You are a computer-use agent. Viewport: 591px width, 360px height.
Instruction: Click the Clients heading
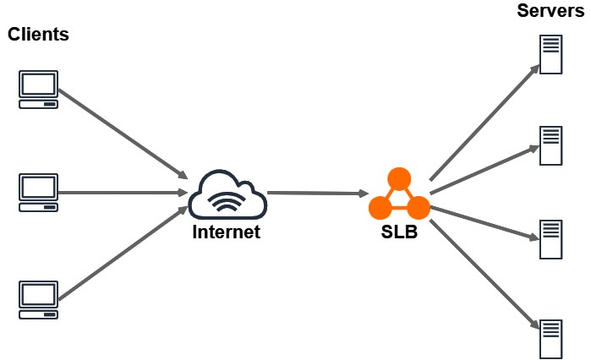coord(38,35)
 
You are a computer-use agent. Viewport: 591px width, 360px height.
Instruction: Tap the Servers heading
coord(550,12)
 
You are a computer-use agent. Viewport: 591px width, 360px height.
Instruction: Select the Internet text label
coord(227,232)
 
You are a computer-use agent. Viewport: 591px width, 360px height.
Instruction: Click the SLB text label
coord(399,232)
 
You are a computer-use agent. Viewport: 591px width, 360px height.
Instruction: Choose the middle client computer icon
coord(39,192)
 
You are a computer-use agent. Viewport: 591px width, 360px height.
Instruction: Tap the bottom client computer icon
coord(39,299)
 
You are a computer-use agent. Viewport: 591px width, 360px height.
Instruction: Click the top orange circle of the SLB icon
coord(399,178)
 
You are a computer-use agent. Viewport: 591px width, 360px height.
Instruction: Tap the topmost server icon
coord(551,55)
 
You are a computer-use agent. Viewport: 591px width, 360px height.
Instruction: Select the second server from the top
coord(551,145)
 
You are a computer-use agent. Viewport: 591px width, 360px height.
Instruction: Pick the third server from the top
coord(551,239)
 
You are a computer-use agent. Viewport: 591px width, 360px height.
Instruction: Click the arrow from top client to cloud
coord(123,131)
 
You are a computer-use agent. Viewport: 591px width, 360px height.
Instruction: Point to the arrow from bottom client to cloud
coord(123,253)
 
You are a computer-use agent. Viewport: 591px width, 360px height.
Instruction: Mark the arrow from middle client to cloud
coord(123,193)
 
